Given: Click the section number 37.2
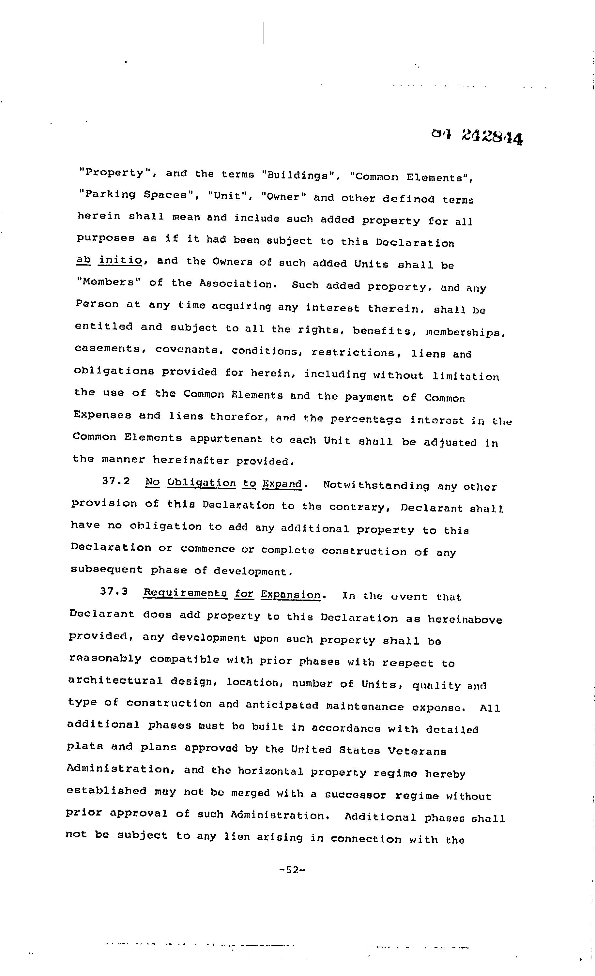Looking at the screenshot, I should click(x=116, y=481).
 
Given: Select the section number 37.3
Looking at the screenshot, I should click(x=114, y=592).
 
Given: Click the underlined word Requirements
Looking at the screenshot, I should click(x=185, y=593).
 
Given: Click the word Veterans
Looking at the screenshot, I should click(x=417, y=751).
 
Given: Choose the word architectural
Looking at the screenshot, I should click(x=115, y=681).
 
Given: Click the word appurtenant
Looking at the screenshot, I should click(x=226, y=439).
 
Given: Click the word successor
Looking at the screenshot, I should click(x=355, y=794).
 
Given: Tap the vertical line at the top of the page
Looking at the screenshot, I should click(x=264, y=33).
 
